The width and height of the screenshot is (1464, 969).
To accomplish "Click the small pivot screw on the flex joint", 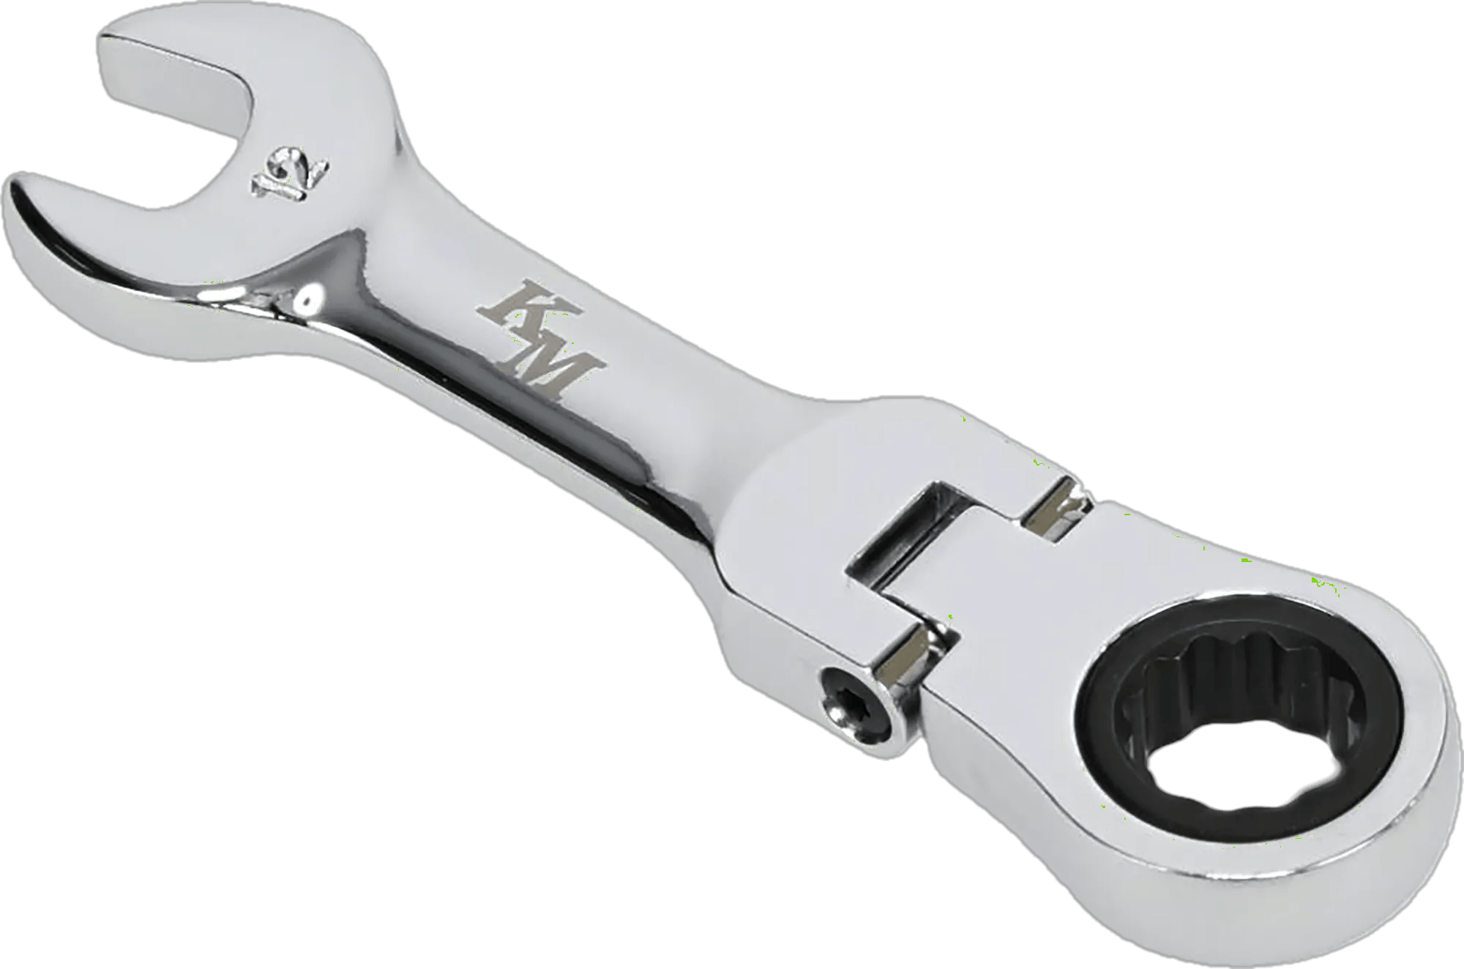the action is [856, 706].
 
